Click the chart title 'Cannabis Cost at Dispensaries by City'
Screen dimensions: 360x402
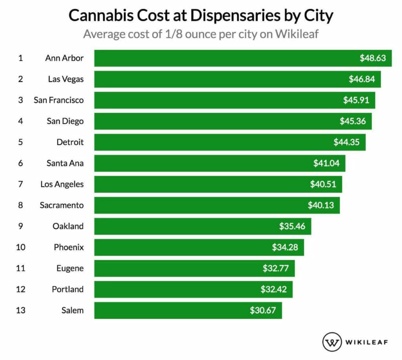[x=201, y=16]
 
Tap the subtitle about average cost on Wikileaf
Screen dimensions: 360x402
[x=201, y=34]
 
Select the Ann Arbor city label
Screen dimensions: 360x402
[x=64, y=58]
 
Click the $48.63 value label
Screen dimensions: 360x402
[x=373, y=58]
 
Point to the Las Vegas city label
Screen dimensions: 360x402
[x=66, y=79]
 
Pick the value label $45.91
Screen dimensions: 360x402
[x=356, y=100]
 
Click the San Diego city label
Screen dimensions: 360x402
[x=65, y=121]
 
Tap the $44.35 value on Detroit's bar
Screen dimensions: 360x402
[x=346, y=142]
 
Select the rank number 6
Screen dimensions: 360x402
[x=20, y=163]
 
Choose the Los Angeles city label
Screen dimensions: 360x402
[x=62, y=184]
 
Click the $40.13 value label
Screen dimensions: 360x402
[x=321, y=205]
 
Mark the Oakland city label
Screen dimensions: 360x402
[x=68, y=226]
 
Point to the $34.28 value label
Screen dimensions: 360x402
[x=285, y=247]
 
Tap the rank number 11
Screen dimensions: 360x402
[x=20, y=268]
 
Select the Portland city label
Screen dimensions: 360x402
[x=68, y=289]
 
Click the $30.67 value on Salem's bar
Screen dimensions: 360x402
[x=263, y=311]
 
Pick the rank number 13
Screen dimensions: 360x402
[x=20, y=310]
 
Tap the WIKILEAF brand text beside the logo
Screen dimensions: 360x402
[x=367, y=342]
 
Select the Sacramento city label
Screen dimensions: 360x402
[x=62, y=205]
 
